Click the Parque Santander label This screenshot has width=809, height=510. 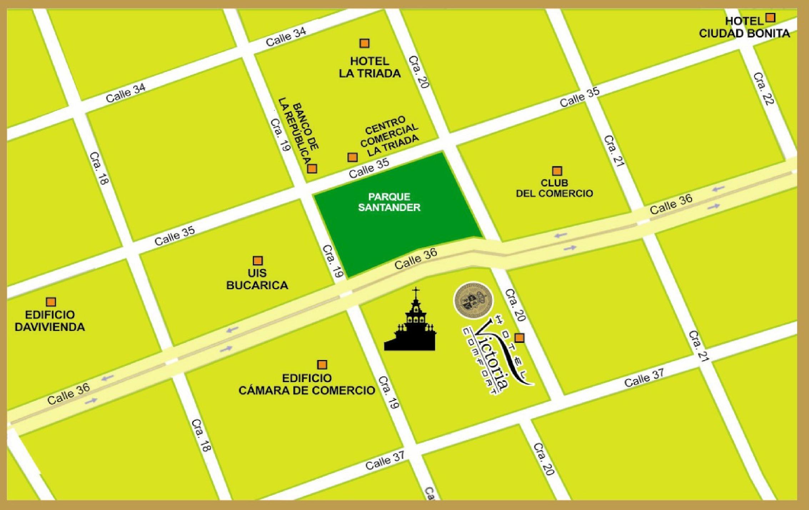(x=389, y=202)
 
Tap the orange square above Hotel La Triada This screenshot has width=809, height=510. (x=364, y=43)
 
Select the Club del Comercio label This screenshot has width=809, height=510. (x=554, y=188)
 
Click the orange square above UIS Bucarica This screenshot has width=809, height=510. (x=257, y=260)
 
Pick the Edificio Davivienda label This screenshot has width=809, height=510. (x=50, y=321)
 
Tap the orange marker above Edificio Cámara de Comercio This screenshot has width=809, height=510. (x=322, y=365)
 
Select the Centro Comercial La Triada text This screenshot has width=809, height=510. (x=389, y=136)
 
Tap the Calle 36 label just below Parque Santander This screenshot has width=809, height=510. (x=416, y=259)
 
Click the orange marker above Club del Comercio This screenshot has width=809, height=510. (x=557, y=171)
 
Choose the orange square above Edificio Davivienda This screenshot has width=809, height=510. (x=51, y=302)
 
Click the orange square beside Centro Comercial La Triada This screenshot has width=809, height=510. (x=352, y=157)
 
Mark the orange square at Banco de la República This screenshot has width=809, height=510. (x=312, y=169)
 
